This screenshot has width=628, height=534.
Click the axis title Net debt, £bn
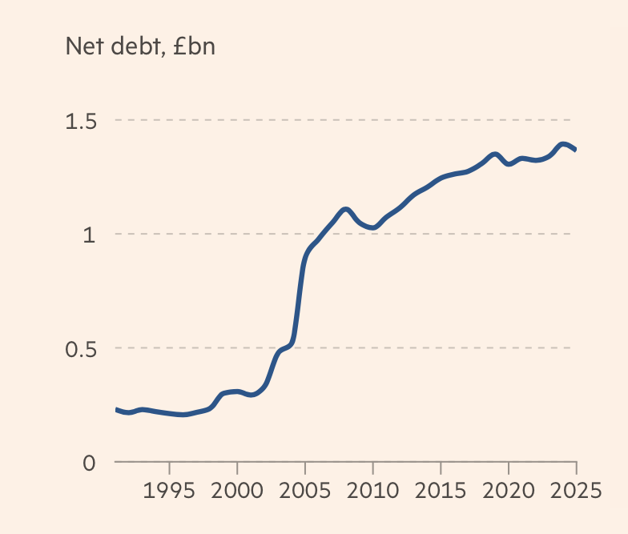click(140, 47)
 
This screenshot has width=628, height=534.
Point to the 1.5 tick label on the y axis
click(80, 122)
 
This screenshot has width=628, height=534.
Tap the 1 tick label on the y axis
click(90, 235)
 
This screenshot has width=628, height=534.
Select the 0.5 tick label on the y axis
click(80, 349)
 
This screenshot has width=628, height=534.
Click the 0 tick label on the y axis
click(90, 463)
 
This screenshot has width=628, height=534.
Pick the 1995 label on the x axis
click(169, 489)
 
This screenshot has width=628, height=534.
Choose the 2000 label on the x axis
click(237, 489)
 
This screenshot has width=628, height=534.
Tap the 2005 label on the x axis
click(304, 489)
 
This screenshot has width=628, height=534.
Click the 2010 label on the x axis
click(372, 489)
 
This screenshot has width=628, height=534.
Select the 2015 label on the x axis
click(440, 489)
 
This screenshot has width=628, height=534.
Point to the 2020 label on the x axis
click(508, 489)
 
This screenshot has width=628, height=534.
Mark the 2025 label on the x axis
click(574, 489)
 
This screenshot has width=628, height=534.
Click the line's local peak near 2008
click(345, 210)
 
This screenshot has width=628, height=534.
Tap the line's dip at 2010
click(372, 228)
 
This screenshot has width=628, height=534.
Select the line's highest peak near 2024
click(563, 144)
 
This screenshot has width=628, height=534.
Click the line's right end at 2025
click(575, 150)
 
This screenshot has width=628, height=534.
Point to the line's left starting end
click(116, 409)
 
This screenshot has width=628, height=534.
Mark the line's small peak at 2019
click(495, 154)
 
